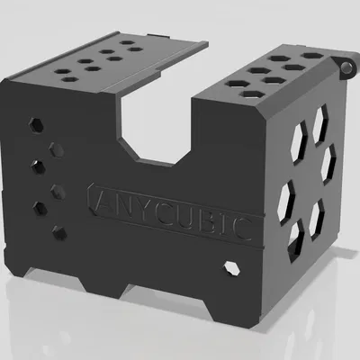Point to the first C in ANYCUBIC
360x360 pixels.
[x=154, y=210]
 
